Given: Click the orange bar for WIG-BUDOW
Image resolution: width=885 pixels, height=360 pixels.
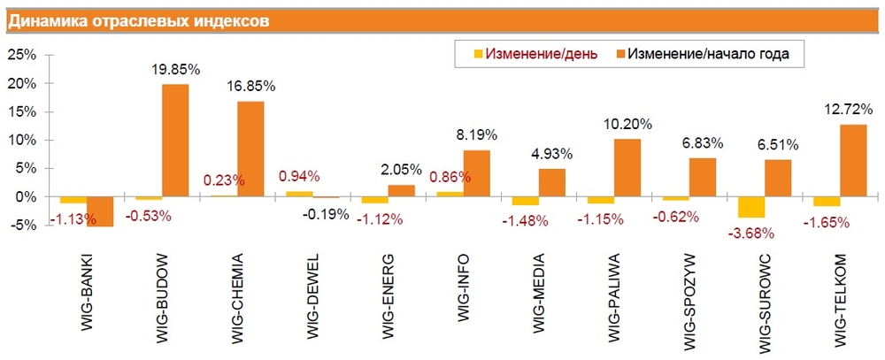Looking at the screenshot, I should (175, 140).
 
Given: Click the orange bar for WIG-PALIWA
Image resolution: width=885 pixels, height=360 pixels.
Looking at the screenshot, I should (627, 167).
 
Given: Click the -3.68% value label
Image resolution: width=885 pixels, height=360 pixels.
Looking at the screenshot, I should (750, 234).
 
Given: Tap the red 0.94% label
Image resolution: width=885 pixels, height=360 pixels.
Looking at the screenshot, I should (299, 175).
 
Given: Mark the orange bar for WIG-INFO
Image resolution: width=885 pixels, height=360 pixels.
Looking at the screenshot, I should (476, 173).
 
